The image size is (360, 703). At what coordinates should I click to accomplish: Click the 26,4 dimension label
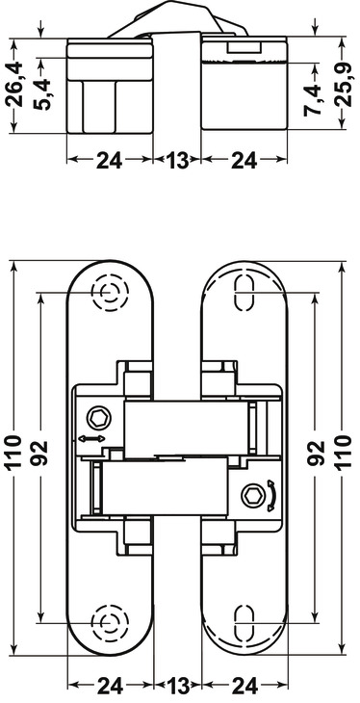pyautogui.click(x=14, y=85)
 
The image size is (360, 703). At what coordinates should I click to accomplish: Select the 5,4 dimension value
pyautogui.click(x=43, y=94)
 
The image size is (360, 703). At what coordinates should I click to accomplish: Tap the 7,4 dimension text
pyautogui.click(x=314, y=99)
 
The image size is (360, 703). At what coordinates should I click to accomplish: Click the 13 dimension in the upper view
pyautogui.click(x=177, y=160)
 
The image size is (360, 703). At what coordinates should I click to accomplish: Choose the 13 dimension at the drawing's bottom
pyautogui.click(x=177, y=686)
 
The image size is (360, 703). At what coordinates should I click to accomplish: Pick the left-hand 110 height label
pyautogui.click(x=14, y=452)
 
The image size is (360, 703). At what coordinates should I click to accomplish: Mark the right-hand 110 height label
pyautogui.click(x=344, y=452)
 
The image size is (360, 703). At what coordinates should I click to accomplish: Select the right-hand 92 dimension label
pyautogui.click(x=316, y=453)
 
